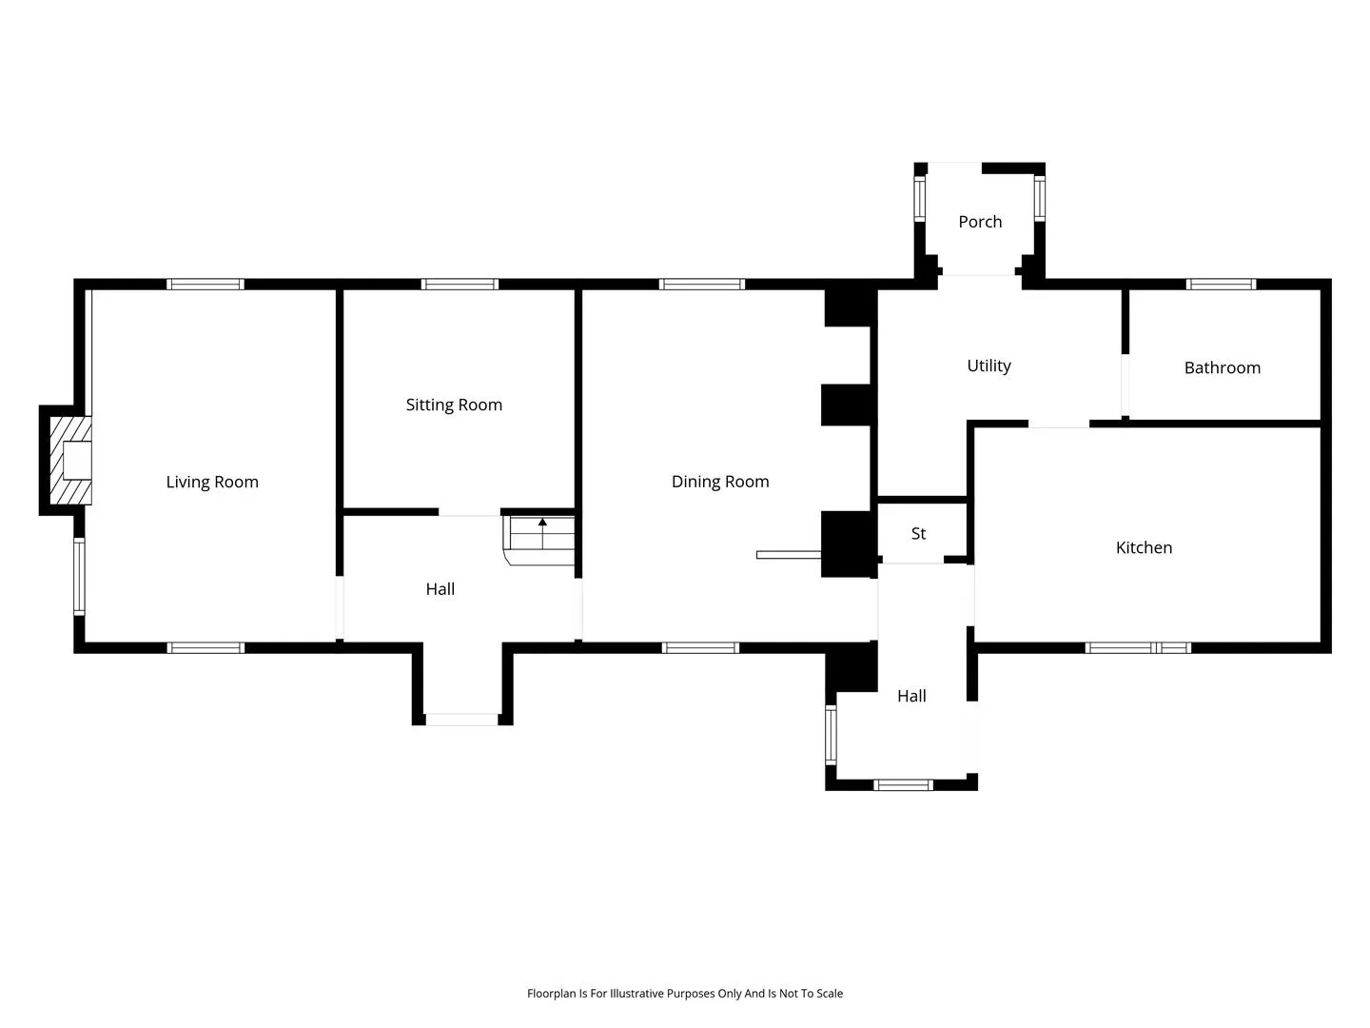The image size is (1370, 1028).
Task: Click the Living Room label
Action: pos(211,482)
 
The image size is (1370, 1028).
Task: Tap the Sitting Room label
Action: pos(454,405)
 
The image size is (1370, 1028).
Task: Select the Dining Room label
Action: pos(719,482)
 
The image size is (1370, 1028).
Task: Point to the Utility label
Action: pos(988,366)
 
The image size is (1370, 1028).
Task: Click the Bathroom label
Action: pos(1222,368)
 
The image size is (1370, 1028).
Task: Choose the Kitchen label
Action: pos(1144,548)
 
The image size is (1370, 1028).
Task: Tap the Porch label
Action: pos(979,222)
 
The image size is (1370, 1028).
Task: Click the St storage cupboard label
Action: pos(918,534)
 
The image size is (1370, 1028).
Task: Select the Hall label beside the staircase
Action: pos(440,589)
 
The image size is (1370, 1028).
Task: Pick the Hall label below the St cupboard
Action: pos(911,696)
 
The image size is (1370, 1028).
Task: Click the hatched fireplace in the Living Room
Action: pos(70,461)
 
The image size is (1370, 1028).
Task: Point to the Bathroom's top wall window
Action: pos(1221,285)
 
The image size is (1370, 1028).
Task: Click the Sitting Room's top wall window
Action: pos(460,285)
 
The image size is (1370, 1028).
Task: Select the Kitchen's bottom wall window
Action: pos(1137,648)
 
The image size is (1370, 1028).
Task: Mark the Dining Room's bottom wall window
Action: pos(700,648)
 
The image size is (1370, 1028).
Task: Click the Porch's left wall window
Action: pos(919,199)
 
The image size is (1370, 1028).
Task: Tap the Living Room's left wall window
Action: pos(79,577)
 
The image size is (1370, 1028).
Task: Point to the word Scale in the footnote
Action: pos(830,993)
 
